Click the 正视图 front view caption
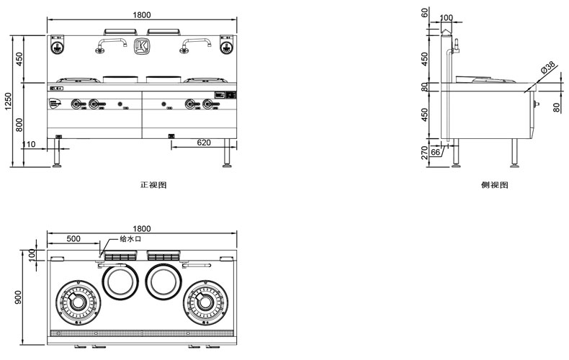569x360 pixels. tap(153, 184)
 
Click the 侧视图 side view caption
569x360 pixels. tap(495, 185)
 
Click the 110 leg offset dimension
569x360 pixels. tap(29, 144)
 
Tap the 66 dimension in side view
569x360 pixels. tap(435, 152)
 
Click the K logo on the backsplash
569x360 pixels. tap(142, 47)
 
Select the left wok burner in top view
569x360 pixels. tap(77, 301)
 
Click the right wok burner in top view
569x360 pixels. tap(207, 301)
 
